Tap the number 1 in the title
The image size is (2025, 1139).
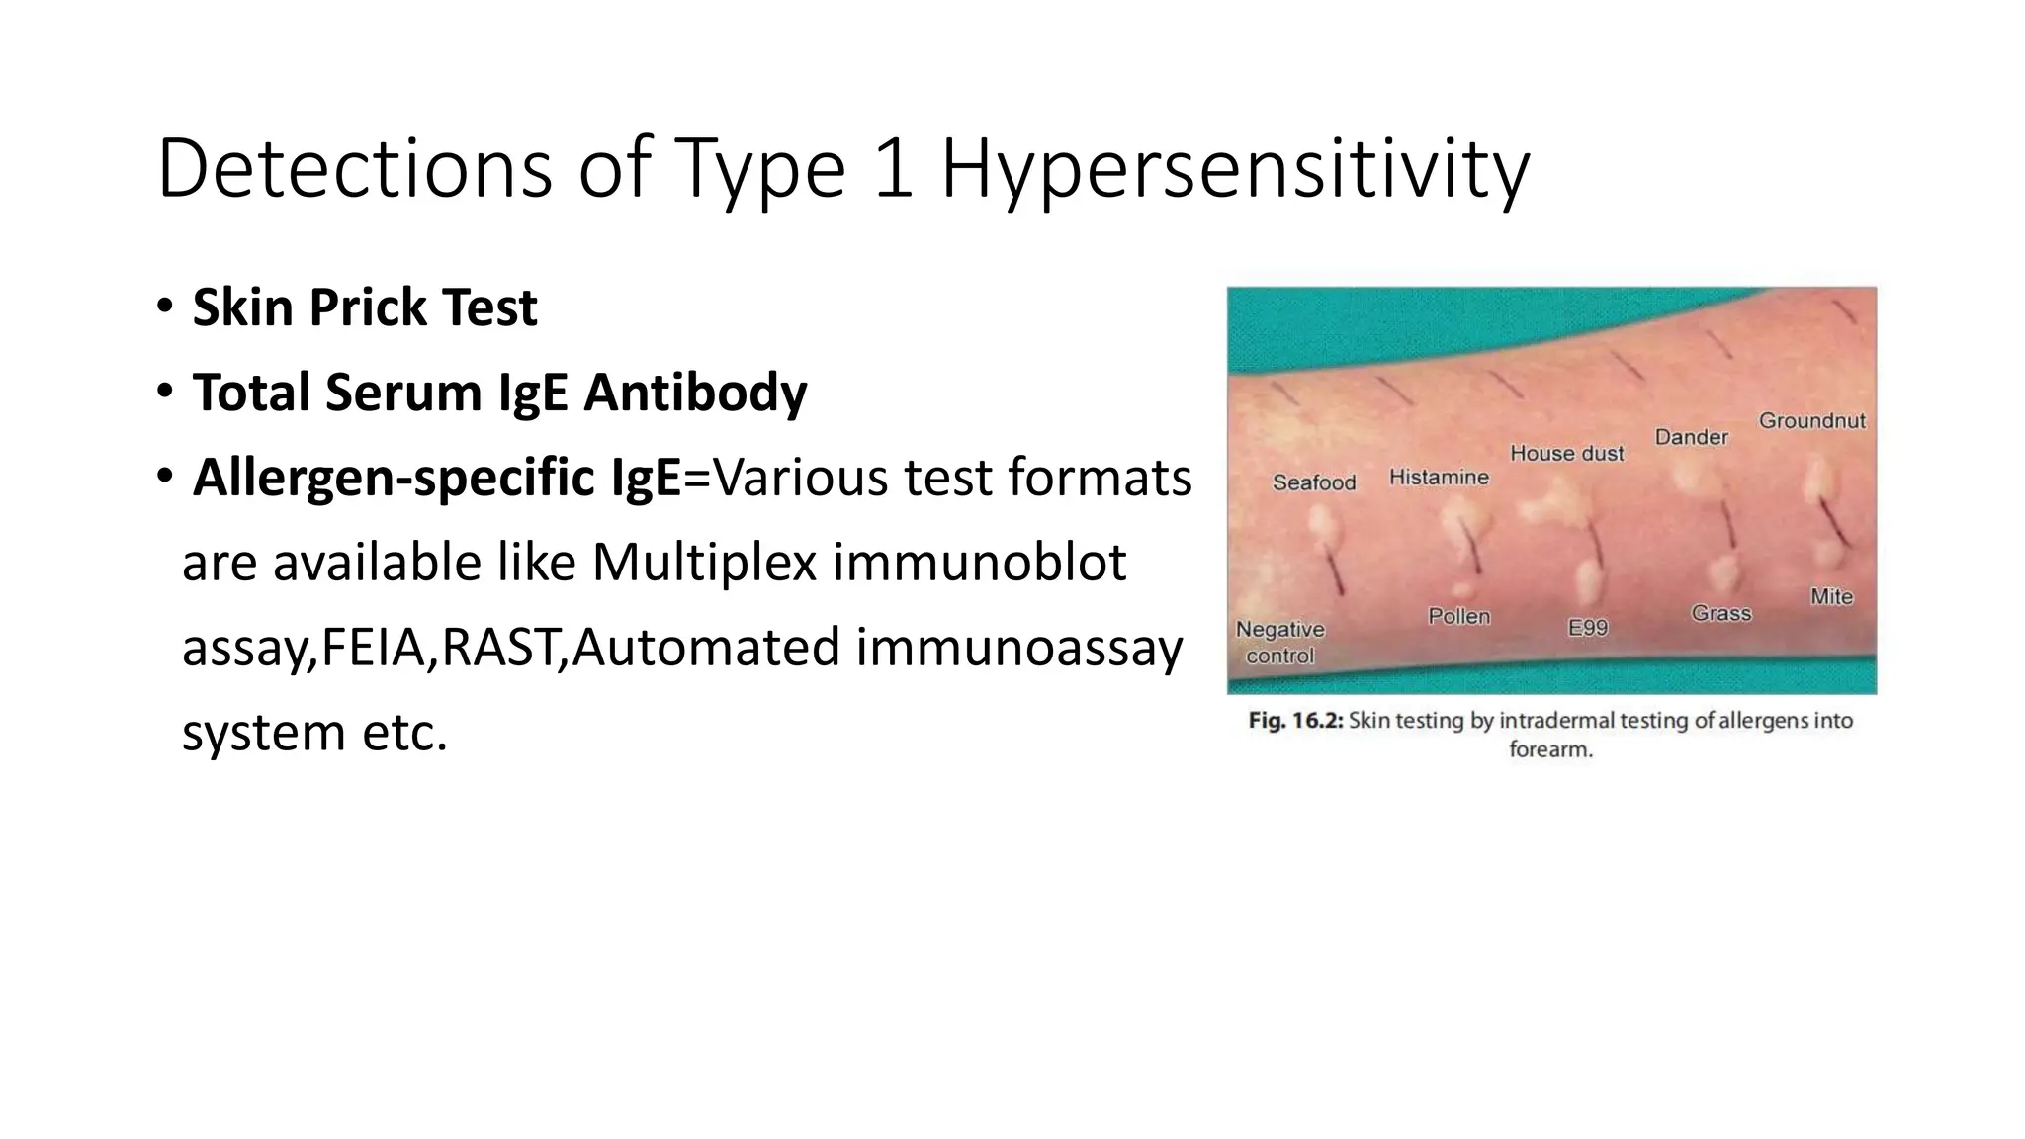coord(893,170)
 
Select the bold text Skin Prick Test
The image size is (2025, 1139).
coord(364,307)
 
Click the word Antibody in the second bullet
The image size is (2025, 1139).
coord(695,393)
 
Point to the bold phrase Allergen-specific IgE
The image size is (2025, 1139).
coord(436,478)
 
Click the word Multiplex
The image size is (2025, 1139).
coord(704,563)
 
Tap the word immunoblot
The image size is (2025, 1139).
coord(978,563)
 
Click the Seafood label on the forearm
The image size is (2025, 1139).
coord(1313,482)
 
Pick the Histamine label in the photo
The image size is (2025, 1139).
coord(1438,477)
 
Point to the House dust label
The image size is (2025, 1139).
coord(1566,453)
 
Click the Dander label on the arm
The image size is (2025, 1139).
coord(1691,436)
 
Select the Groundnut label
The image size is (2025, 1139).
coord(1811,420)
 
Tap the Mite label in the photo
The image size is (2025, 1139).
coord(1830,596)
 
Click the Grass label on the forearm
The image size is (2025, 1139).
coord(1720,613)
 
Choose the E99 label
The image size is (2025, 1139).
coord(1587,628)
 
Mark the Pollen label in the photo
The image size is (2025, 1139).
coord(1458,616)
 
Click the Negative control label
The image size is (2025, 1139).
coord(1279,642)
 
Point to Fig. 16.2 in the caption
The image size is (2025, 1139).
coord(1294,720)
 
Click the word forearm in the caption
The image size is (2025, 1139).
coord(1549,749)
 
